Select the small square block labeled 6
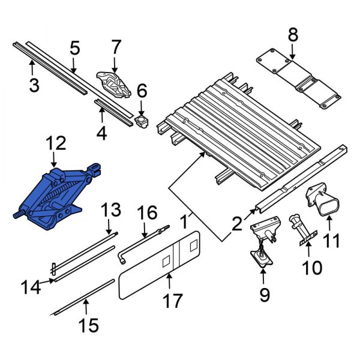tap(142, 121)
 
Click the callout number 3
tap(34, 85)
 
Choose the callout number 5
tap(74, 47)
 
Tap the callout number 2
tap(238, 224)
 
